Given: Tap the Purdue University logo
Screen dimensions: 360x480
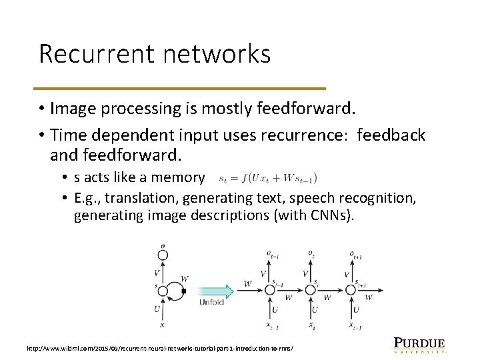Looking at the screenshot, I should click(419, 344).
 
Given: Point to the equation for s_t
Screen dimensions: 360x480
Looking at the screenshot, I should click(268, 178).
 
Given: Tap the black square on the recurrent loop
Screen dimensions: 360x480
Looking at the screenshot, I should click(185, 291).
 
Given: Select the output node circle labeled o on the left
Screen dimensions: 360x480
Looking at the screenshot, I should click(162, 254).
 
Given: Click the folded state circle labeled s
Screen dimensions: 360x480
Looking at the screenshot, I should click(162, 291).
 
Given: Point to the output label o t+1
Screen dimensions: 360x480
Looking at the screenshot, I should click(354, 254).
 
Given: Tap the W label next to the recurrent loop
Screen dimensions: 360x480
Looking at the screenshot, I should click(184, 278).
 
